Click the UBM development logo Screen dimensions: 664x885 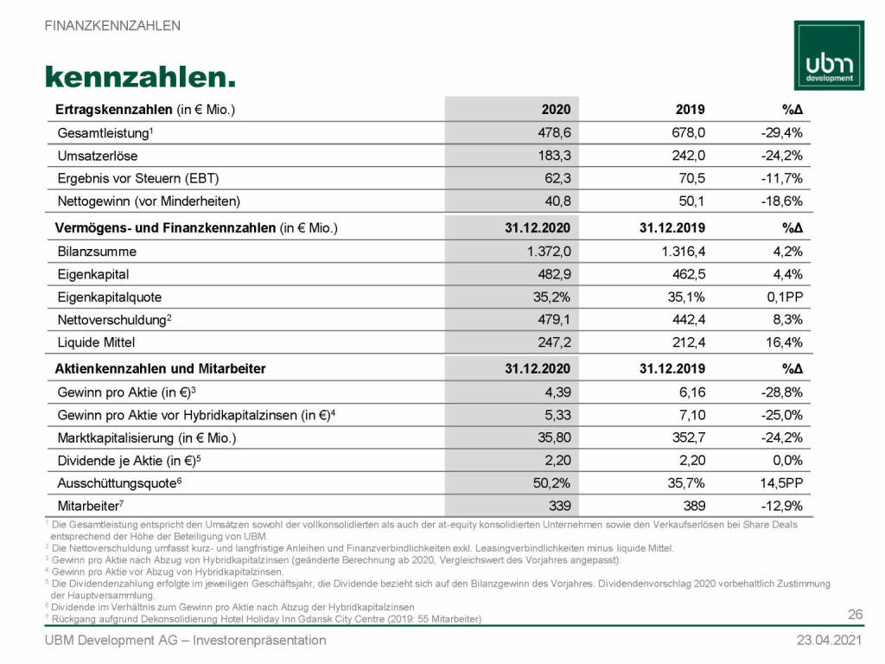point(828,56)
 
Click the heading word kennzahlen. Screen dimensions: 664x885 point(140,76)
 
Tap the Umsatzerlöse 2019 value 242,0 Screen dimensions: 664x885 point(687,156)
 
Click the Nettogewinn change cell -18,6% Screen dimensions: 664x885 point(782,201)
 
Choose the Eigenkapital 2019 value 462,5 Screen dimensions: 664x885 point(687,274)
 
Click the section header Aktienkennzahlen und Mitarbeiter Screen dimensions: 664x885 point(160,368)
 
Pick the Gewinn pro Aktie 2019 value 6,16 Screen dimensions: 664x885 point(690,392)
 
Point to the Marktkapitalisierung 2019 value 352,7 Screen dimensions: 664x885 point(687,437)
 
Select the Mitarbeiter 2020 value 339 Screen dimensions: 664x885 point(559,504)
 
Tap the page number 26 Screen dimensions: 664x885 point(856,615)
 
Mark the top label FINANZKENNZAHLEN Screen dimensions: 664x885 point(112,25)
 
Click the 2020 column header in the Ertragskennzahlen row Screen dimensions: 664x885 point(556,110)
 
